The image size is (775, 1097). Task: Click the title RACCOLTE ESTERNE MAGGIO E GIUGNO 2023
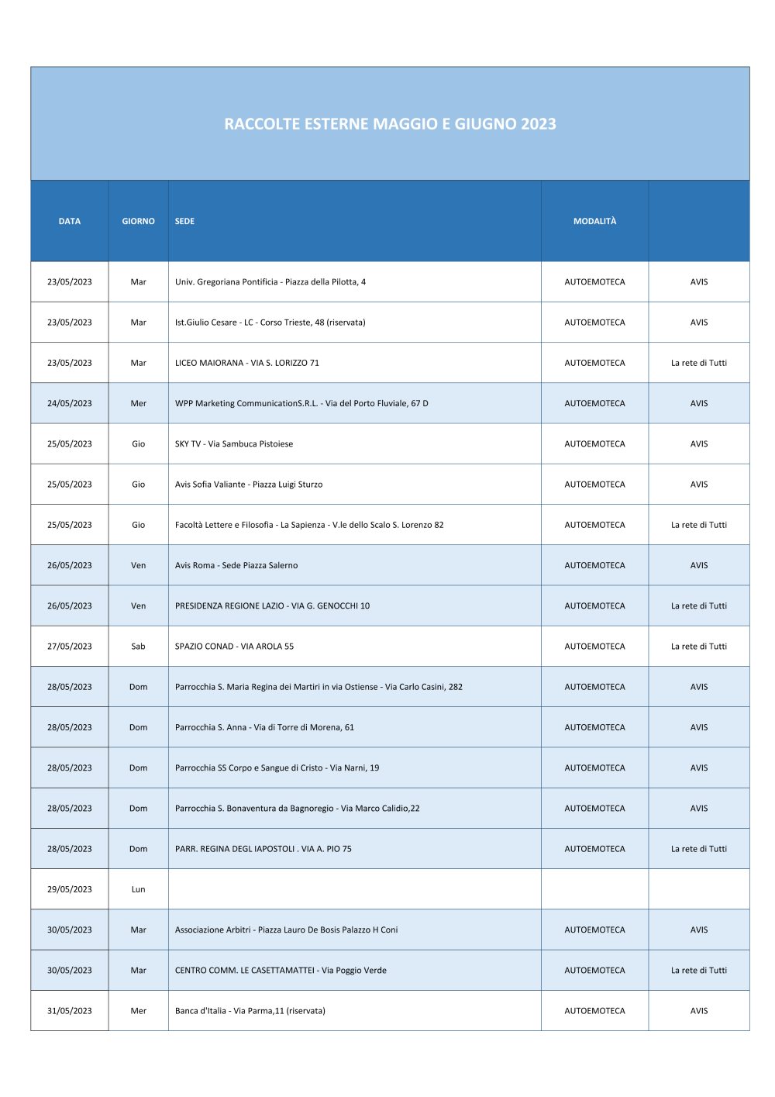[390, 124]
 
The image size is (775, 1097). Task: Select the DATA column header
[70, 222]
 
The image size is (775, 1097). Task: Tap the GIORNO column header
[139, 222]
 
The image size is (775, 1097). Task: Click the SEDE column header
[185, 222]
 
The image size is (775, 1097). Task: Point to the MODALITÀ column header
[594, 222]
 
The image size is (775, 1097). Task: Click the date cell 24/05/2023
[70, 404]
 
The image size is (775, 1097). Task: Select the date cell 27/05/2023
[70, 647]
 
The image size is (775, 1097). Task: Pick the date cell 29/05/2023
[70, 890]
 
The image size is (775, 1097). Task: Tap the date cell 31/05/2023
[70, 1011]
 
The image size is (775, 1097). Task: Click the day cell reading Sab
[139, 647]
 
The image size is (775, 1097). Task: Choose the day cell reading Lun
[139, 890]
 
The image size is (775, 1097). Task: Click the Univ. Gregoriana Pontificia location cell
[270, 282]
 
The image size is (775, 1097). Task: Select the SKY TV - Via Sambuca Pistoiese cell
[234, 444]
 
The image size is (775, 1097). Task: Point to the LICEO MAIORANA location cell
[247, 364]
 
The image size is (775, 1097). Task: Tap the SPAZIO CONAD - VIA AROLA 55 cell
[235, 647]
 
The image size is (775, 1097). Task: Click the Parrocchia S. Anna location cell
[264, 728]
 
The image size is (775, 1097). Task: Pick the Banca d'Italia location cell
[250, 1011]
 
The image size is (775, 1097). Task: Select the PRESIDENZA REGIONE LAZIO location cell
[273, 606]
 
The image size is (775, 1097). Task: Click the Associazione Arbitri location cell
[287, 930]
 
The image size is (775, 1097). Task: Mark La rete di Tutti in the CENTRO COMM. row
[699, 971]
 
